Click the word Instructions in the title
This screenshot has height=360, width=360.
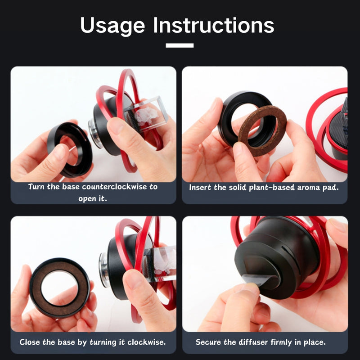point(213,26)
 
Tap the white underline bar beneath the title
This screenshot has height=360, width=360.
point(180,45)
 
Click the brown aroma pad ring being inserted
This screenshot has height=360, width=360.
point(256,130)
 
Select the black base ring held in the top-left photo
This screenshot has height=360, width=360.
point(69,148)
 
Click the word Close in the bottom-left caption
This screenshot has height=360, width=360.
point(31,342)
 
